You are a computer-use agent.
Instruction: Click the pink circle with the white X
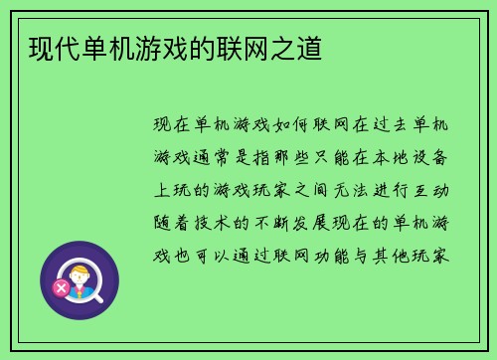62,287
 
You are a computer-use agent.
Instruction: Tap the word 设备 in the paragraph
438,156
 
